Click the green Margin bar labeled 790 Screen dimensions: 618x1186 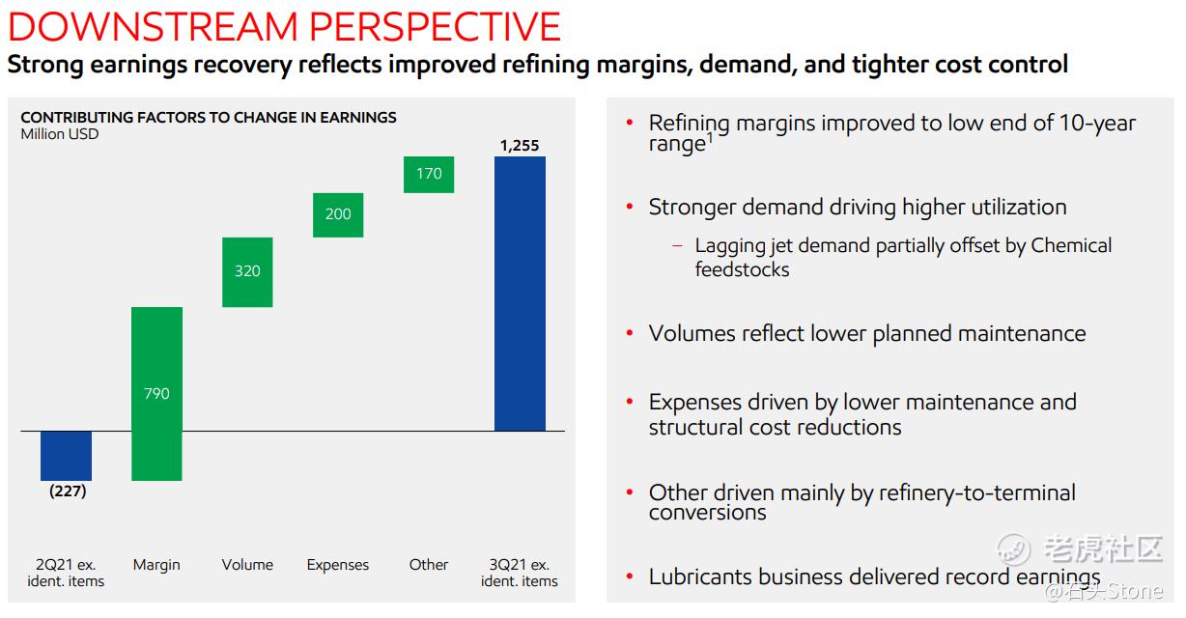[x=156, y=393]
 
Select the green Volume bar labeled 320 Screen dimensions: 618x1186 [x=247, y=271]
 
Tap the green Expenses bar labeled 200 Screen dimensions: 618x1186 [x=338, y=214]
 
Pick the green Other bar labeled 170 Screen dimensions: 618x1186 [x=429, y=174]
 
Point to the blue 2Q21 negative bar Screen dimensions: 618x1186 [x=66, y=455]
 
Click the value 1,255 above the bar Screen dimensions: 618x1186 [x=520, y=146]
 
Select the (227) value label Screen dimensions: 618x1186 [x=67, y=491]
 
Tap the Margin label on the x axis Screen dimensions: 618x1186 [x=156, y=565]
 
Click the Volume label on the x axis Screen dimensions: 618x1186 [x=247, y=565]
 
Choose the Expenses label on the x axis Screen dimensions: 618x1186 [x=338, y=565]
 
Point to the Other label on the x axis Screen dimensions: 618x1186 [x=429, y=565]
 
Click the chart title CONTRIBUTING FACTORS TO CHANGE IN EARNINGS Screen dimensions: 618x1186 [x=209, y=117]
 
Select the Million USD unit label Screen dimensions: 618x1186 [x=60, y=134]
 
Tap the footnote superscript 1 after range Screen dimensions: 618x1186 [x=710, y=137]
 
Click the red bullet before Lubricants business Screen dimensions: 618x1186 [x=630, y=577]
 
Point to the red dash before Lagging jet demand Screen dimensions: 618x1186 [x=677, y=246]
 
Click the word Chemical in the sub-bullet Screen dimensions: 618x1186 [x=1071, y=245]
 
